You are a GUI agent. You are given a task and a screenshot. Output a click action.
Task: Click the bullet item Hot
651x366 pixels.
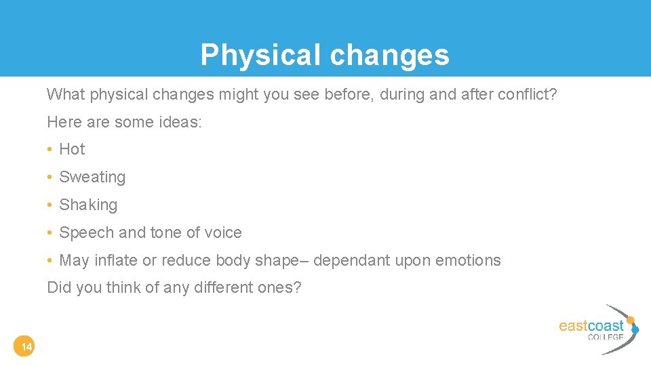coord(72,149)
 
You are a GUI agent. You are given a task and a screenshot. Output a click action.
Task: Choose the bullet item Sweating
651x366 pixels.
coord(92,177)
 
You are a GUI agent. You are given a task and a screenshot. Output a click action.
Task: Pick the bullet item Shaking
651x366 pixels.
coord(88,205)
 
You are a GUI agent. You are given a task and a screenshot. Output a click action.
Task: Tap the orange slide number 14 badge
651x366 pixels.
coord(26,348)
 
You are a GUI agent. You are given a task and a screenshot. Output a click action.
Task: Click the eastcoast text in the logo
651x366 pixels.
coord(591,326)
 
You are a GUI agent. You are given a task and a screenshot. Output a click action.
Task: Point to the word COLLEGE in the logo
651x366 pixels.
coord(605,337)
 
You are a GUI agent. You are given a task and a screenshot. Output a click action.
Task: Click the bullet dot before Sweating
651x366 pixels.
coord(50,178)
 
